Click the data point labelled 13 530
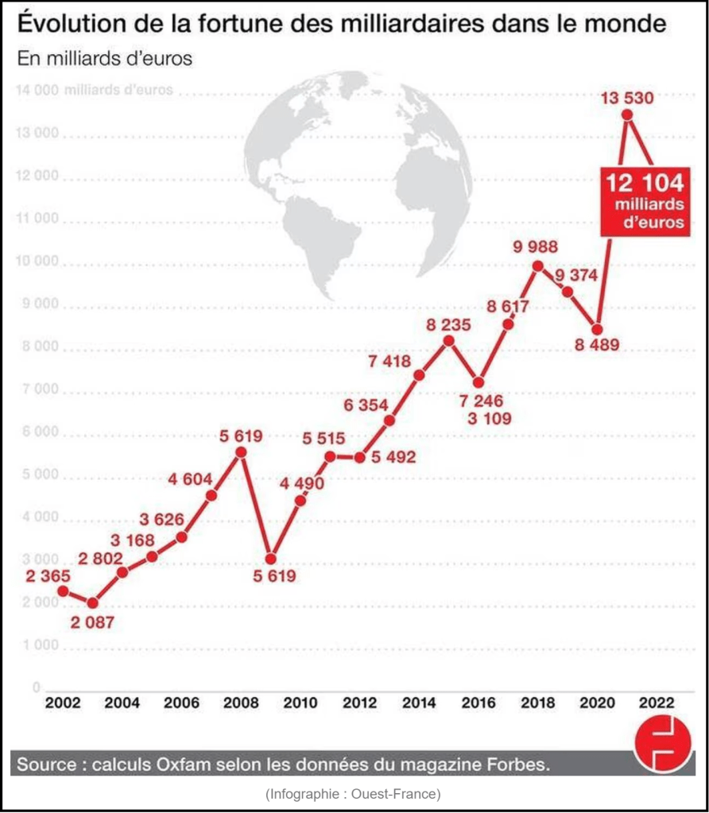point(627,115)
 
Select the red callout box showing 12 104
point(644,200)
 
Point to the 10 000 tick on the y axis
point(37,263)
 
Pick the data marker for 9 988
point(537,266)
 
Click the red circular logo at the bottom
point(662,745)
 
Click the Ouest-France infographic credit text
point(354,793)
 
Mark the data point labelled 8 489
point(598,329)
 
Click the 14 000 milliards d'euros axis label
point(94,90)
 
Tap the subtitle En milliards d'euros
point(104,60)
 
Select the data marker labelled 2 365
point(63,591)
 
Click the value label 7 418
point(389,362)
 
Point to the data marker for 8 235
point(448,340)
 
